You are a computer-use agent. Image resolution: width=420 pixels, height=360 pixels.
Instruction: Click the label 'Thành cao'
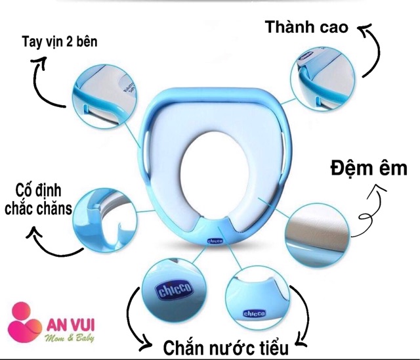point(306,28)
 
